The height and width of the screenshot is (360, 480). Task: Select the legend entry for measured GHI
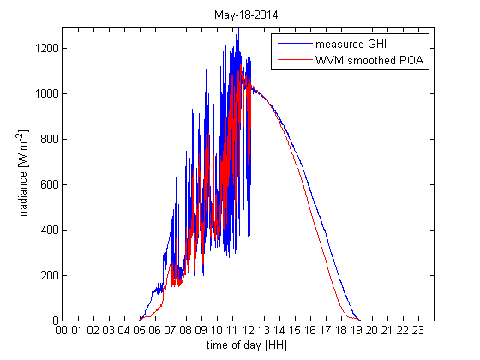tap(350, 45)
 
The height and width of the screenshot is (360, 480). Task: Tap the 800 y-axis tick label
tap(46, 139)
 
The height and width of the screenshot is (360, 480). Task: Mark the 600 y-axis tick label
tap(46, 184)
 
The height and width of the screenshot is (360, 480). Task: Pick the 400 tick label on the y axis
tap(46, 230)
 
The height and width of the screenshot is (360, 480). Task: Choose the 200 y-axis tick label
tap(46, 275)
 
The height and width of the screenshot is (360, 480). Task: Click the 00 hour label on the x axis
tap(63, 330)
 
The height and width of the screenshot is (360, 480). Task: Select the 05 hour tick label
tap(140, 330)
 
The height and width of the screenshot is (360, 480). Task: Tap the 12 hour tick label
tap(249, 330)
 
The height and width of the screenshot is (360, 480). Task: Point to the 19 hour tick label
tap(357, 330)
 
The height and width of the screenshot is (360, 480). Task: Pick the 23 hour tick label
tap(418, 330)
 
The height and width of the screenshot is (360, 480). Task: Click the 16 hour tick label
tap(310, 330)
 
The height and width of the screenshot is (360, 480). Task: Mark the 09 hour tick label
tap(202, 330)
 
